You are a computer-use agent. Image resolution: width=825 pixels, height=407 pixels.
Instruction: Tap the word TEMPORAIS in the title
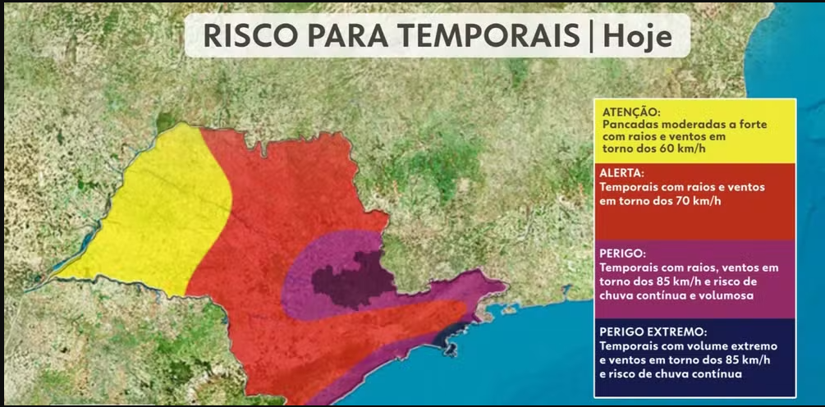(477, 37)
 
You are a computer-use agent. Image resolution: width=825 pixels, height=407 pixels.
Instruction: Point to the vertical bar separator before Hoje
(591, 37)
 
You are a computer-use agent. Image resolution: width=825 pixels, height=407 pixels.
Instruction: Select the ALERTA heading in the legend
(623, 174)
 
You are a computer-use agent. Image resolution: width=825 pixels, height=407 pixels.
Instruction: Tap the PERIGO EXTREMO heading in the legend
(653, 332)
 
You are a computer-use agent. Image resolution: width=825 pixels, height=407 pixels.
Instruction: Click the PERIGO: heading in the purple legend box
(623, 255)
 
